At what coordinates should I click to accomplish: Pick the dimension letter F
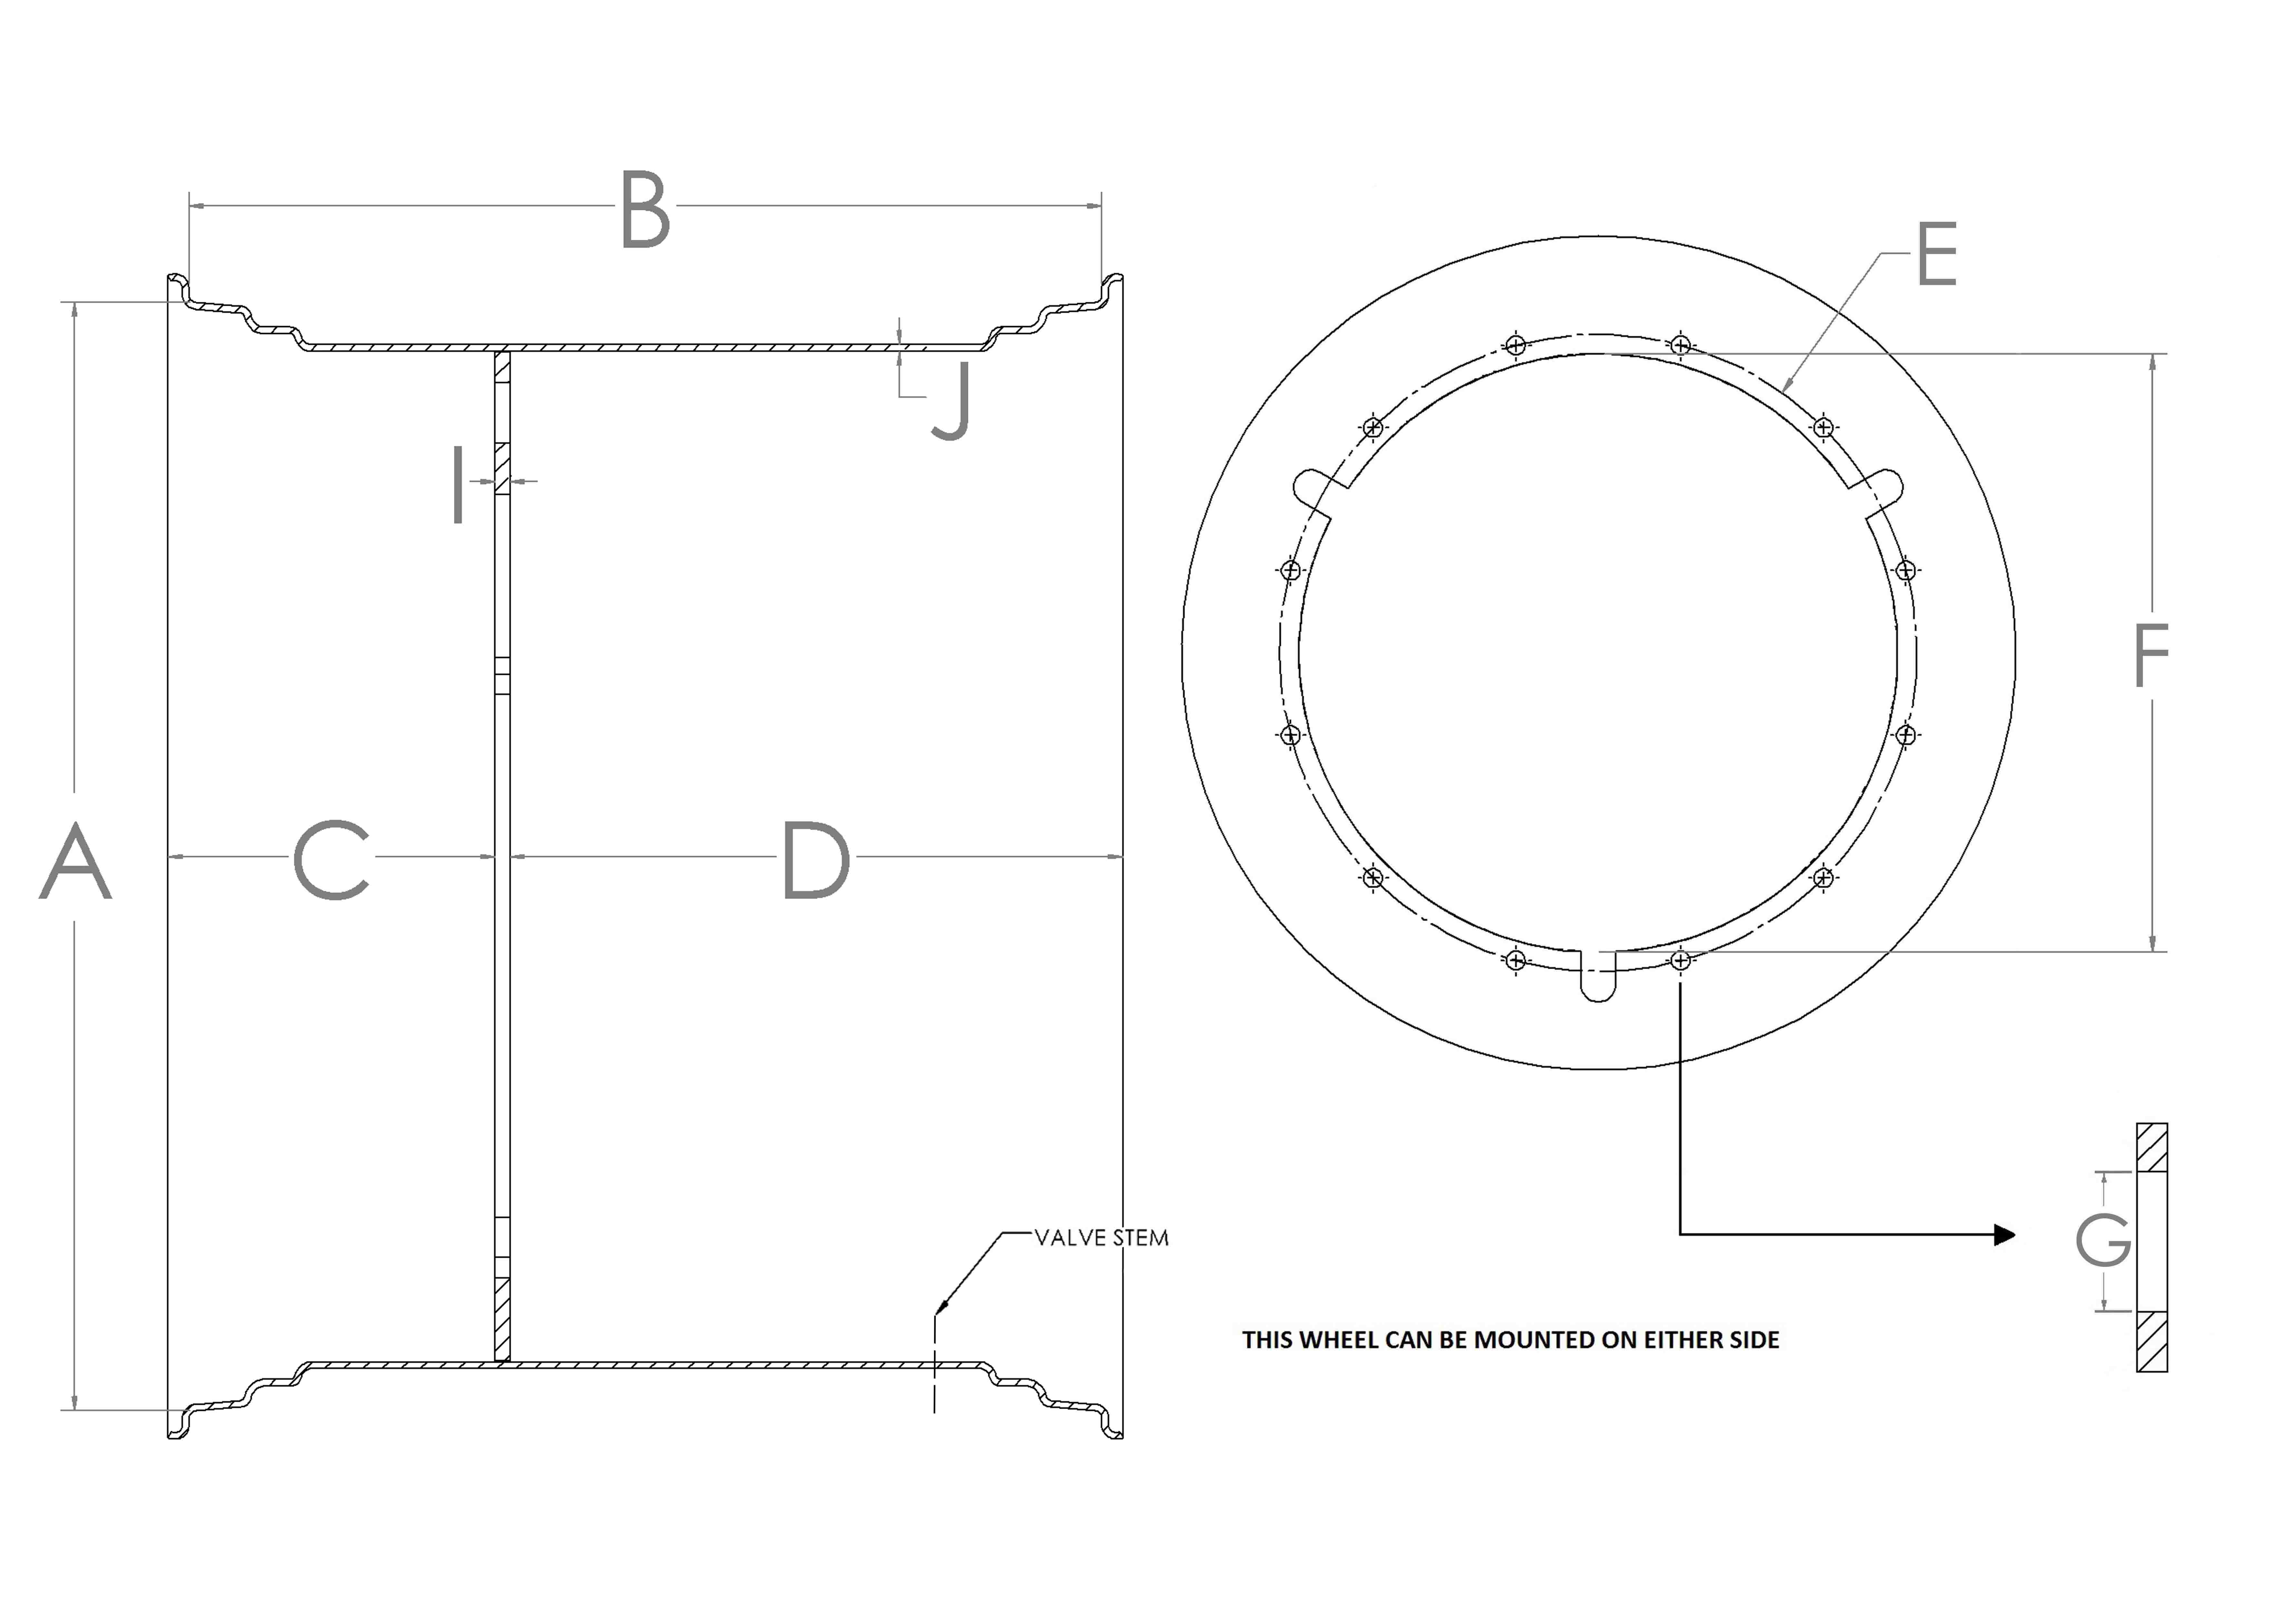2151,655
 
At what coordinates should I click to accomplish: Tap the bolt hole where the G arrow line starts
1680,961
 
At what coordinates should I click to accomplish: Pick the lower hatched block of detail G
2151,1342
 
